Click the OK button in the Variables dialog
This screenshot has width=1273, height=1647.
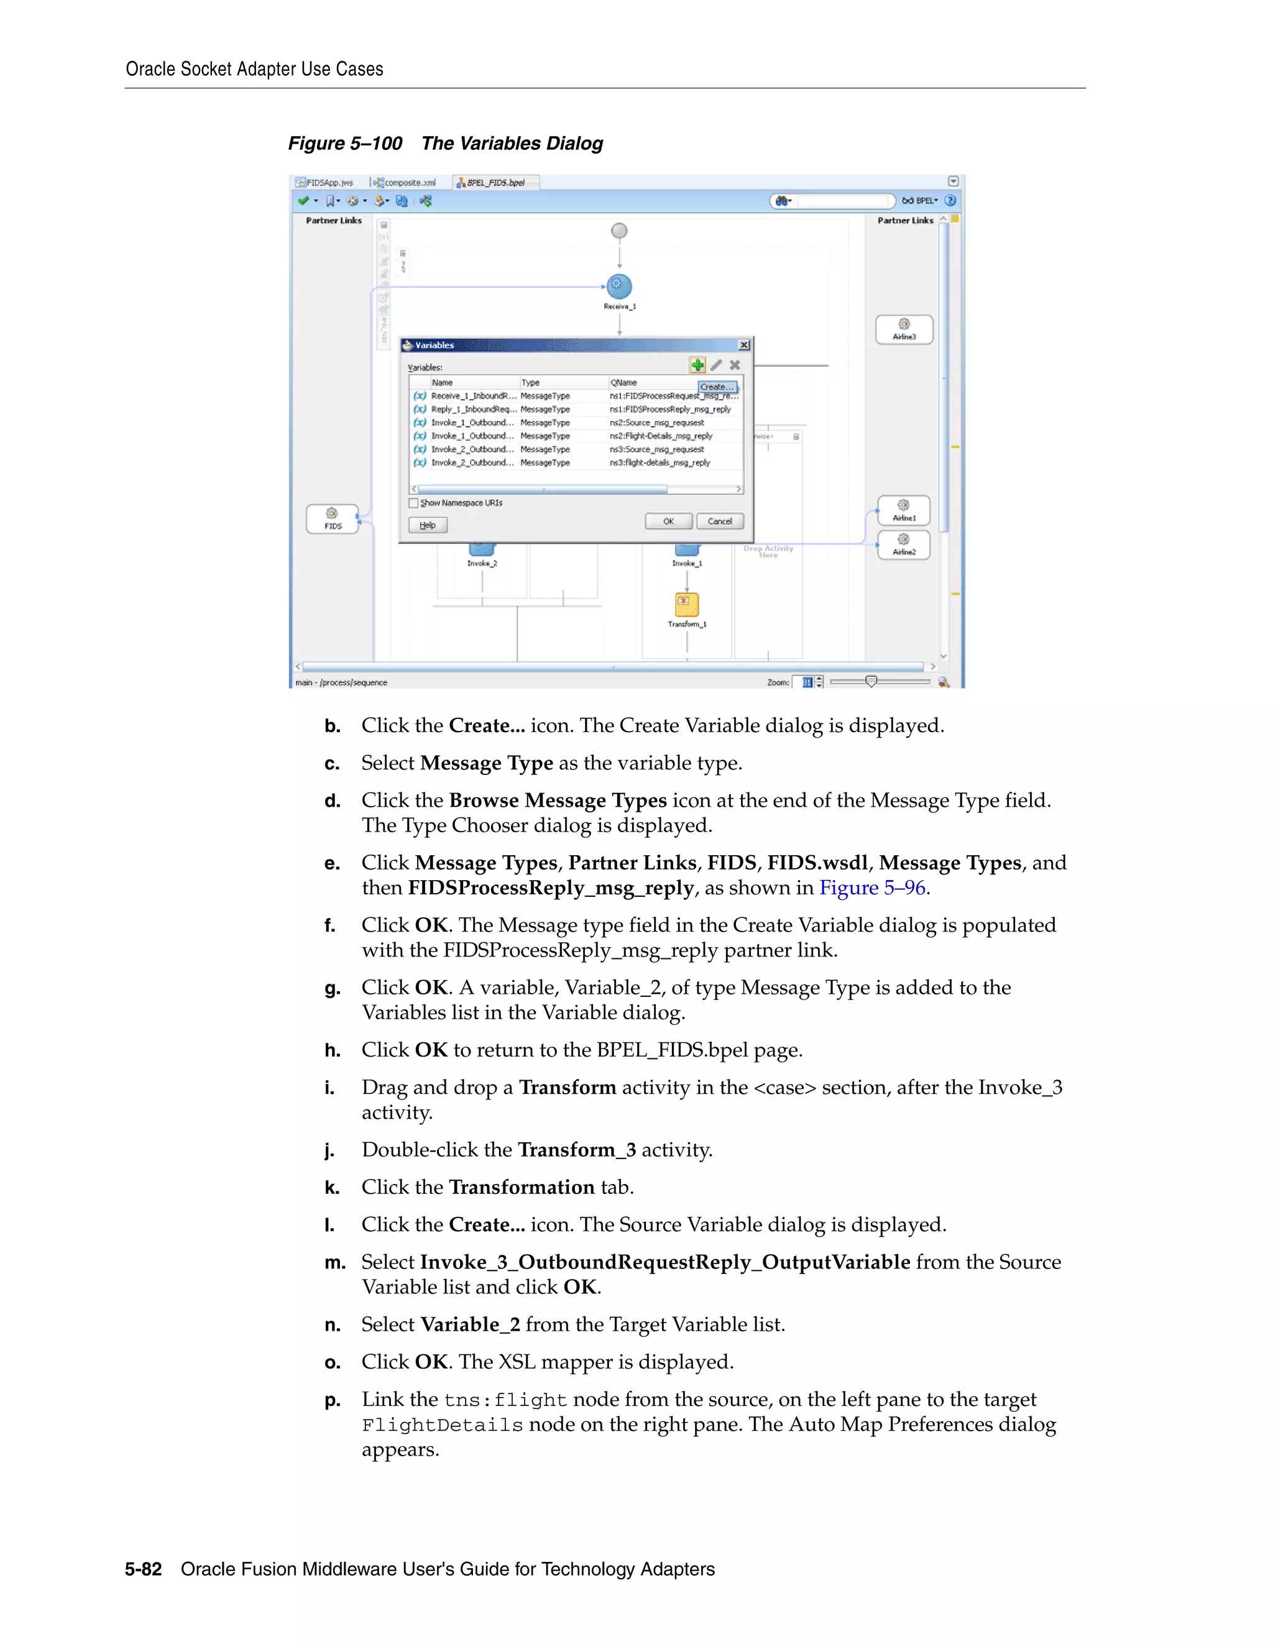(x=668, y=521)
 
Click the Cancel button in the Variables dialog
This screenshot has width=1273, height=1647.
(x=719, y=521)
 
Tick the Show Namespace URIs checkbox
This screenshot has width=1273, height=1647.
(x=413, y=503)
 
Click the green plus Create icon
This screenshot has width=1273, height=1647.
(x=697, y=365)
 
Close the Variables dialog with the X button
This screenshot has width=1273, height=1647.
(x=743, y=346)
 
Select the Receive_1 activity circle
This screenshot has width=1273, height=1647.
(x=619, y=287)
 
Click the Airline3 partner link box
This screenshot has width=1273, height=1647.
(x=903, y=329)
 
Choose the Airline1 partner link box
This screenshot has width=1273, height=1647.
(x=903, y=510)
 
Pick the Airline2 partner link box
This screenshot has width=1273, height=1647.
(x=903, y=544)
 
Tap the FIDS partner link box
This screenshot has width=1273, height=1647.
(x=333, y=519)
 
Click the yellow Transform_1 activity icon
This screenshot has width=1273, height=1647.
(x=686, y=604)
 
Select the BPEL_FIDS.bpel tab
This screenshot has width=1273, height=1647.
(x=495, y=183)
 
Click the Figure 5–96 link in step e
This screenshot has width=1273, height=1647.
(x=872, y=888)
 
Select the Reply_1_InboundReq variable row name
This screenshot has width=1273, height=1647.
(x=473, y=410)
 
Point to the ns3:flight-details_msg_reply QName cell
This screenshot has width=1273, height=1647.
(x=660, y=463)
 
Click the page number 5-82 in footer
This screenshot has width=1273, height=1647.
(x=144, y=1569)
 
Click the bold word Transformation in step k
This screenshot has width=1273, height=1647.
(x=521, y=1187)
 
